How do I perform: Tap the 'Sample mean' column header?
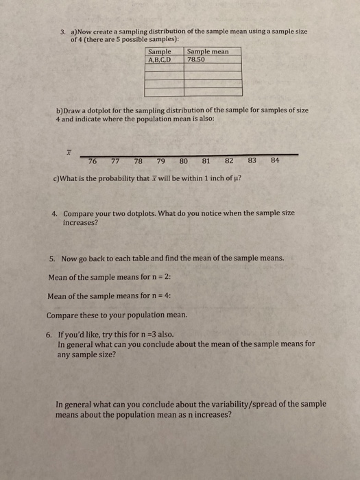tap(207, 51)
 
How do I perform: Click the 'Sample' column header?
tap(160, 51)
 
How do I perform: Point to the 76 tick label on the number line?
tap(93, 162)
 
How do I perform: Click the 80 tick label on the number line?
tap(183, 162)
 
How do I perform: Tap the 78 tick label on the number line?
tap(139, 162)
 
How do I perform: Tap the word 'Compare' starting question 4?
tap(80, 213)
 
